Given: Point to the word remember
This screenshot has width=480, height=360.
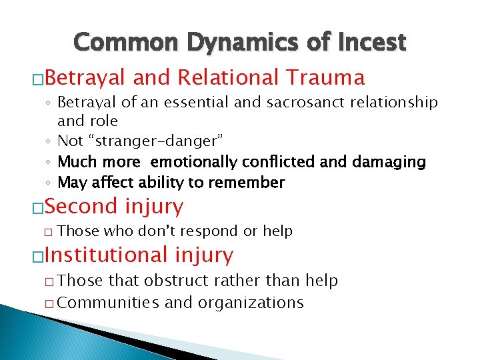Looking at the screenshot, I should (x=248, y=183).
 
